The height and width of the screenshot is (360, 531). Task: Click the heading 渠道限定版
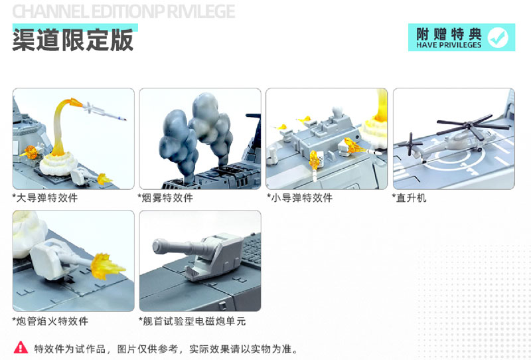(x=73, y=40)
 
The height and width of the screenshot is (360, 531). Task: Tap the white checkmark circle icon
(x=498, y=38)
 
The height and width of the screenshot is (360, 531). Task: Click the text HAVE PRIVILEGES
(x=449, y=45)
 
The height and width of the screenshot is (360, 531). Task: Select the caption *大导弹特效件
(x=45, y=198)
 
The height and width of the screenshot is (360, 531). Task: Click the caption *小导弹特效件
(x=299, y=198)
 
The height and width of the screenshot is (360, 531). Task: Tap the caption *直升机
(x=410, y=198)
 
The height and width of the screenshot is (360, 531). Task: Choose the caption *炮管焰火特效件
(x=50, y=321)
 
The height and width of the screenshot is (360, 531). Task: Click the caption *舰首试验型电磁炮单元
(x=192, y=321)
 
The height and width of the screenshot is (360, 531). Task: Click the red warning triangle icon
(x=21, y=347)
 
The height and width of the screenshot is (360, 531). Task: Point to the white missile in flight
(x=106, y=114)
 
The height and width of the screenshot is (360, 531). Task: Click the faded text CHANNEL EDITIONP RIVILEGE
(x=123, y=11)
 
